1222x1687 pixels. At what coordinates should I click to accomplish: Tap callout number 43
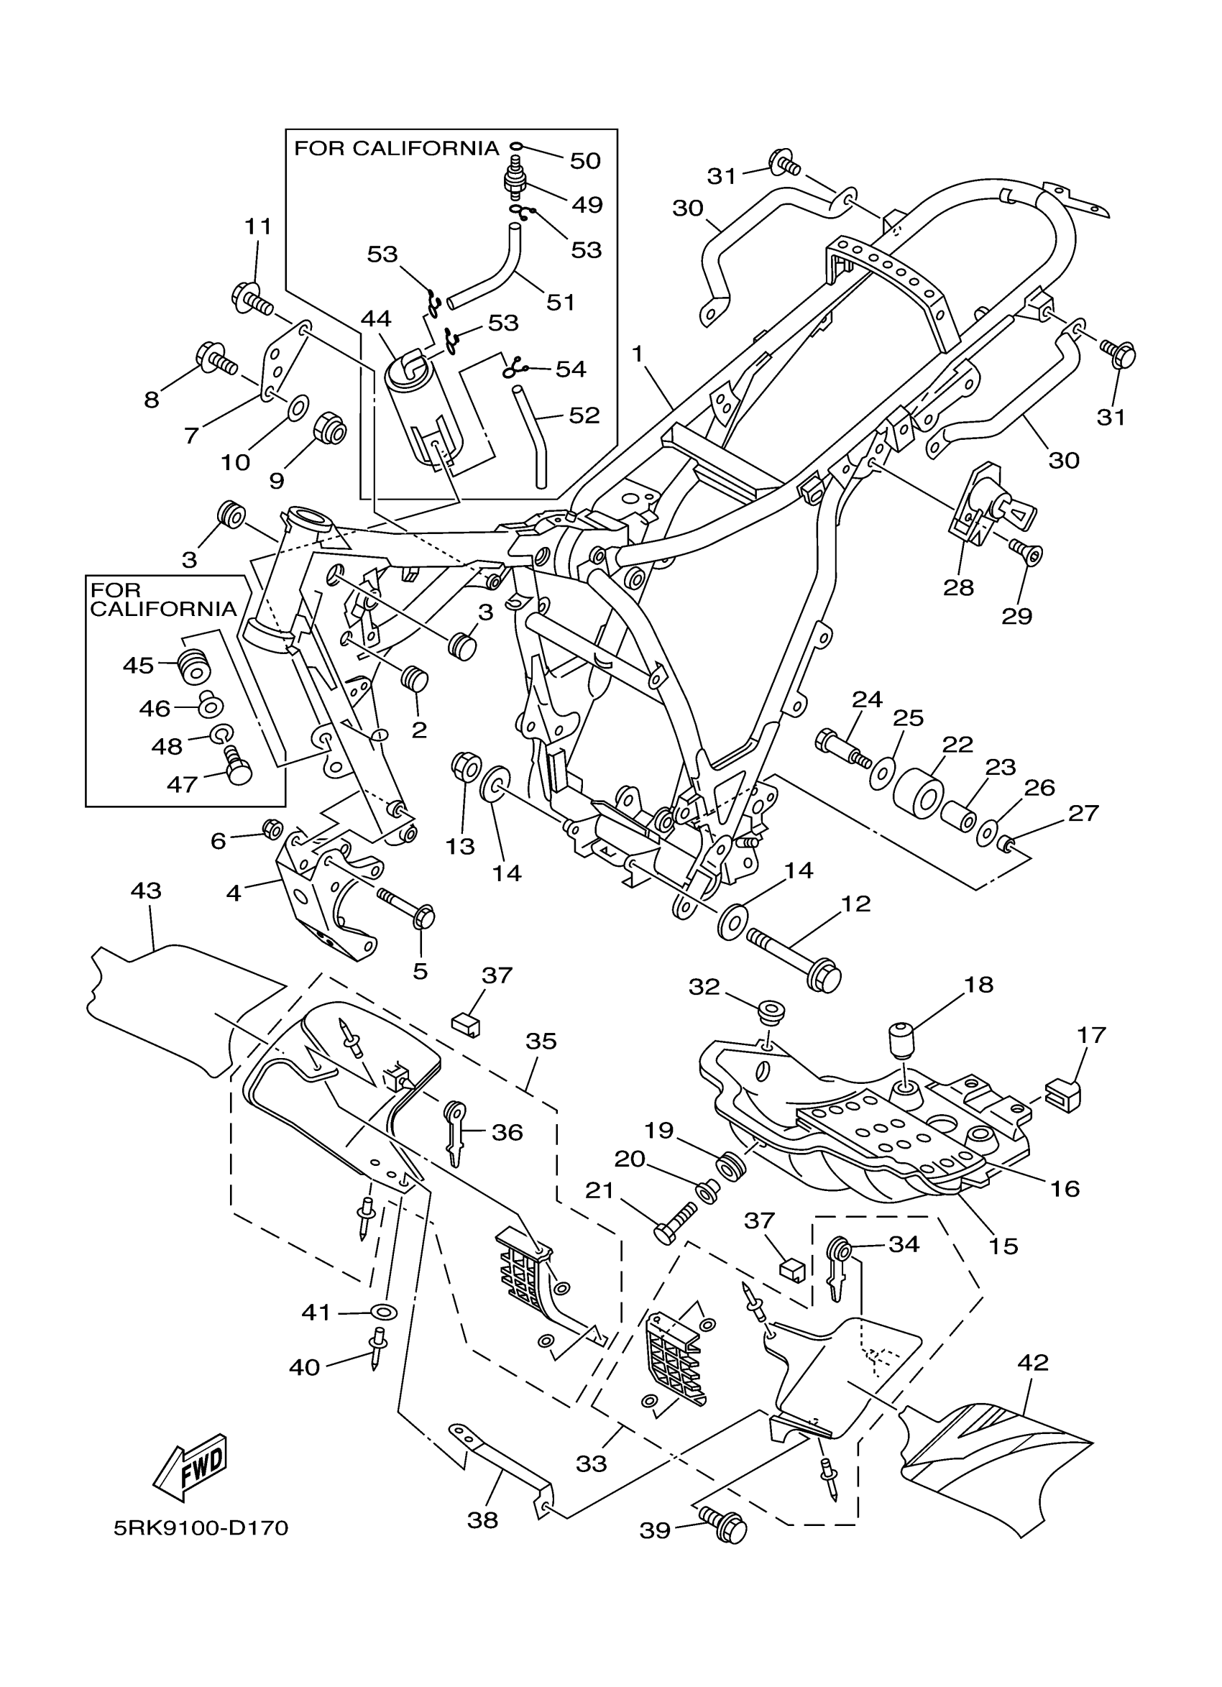[x=146, y=891]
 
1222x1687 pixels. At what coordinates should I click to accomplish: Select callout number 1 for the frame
[x=637, y=354]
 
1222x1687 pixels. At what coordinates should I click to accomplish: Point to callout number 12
[x=855, y=904]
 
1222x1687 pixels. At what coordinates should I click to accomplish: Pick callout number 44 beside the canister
[x=376, y=319]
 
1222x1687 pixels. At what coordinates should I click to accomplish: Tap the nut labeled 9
[x=329, y=428]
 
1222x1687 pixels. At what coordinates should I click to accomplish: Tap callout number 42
[x=1032, y=1362]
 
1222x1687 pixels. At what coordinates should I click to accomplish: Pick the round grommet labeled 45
[x=194, y=665]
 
